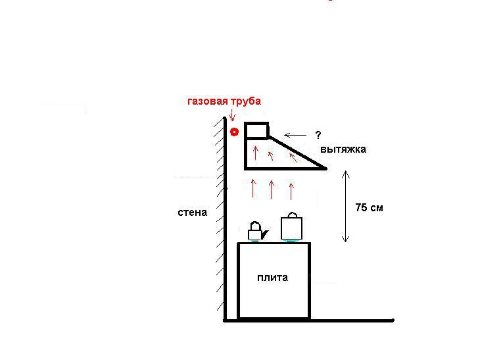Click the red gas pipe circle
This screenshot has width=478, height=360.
tap(234, 132)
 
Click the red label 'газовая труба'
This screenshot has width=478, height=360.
tap(224, 101)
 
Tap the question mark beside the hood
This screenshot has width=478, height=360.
tap(318, 135)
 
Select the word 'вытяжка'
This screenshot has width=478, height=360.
tap(343, 149)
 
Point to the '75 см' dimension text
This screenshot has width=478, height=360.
tap(369, 207)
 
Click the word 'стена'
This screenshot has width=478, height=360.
tap(193, 213)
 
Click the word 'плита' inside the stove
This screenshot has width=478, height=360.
tap(273, 278)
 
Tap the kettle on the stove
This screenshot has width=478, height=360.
tap(258, 231)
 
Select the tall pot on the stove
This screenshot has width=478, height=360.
tap(292, 226)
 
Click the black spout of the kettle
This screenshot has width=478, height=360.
tap(264, 234)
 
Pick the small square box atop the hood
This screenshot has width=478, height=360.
tap(256, 130)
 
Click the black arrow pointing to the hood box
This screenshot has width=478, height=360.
tap(295, 135)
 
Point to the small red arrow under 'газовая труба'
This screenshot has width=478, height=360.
tap(232, 115)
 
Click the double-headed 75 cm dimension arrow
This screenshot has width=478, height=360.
tap(345, 206)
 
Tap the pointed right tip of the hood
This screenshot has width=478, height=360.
tap(326, 168)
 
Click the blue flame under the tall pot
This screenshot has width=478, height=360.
tap(292, 241)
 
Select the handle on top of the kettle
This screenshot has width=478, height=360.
tap(255, 226)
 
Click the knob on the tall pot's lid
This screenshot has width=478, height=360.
tap(293, 215)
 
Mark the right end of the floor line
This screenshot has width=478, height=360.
tap(393, 321)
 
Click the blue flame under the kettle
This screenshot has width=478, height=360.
tap(254, 241)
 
